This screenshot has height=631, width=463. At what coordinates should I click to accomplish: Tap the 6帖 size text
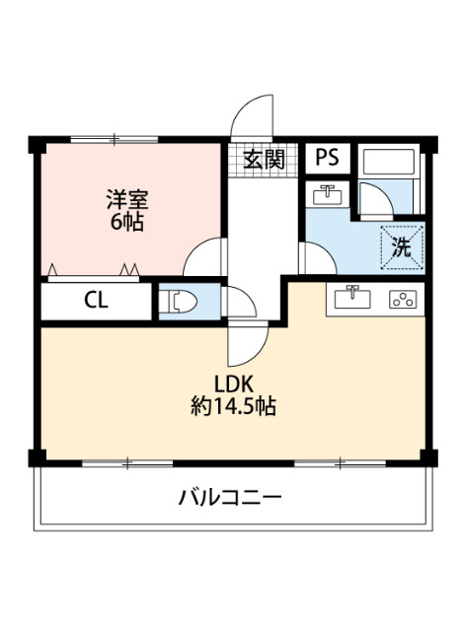[125, 222]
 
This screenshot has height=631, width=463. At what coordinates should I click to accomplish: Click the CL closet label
[96, 301]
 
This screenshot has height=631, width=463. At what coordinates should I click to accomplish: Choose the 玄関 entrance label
[263, 159]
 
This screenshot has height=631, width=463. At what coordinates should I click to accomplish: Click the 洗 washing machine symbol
[401, 247]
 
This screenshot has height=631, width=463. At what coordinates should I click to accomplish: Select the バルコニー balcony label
[231, 497]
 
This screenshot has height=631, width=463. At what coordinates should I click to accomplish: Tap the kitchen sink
[352, 298]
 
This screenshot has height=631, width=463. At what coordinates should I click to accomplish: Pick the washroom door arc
[317, 258]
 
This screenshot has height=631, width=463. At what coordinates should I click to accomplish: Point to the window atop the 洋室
[115, 138]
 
